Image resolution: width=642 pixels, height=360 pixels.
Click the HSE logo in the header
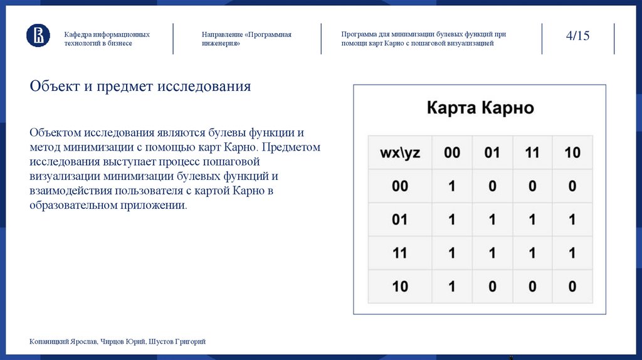38,35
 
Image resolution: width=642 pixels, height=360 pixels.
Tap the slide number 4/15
577,36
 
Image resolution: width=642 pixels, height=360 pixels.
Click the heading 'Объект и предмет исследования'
140,87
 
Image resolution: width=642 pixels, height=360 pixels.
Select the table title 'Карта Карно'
480,107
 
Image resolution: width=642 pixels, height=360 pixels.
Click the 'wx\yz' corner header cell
400,153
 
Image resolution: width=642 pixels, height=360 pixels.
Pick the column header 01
492,153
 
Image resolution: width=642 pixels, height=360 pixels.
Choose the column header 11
532,153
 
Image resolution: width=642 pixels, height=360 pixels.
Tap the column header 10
572,153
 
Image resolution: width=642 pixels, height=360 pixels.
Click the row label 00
400,186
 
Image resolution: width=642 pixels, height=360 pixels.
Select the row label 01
400,220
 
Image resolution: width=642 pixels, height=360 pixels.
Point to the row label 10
400,287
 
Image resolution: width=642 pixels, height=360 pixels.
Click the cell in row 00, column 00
452,186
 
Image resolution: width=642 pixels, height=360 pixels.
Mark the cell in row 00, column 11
532,186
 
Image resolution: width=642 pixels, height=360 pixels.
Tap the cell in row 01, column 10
572,220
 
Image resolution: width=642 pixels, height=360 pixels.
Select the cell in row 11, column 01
492,253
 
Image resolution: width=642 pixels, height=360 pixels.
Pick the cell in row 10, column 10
572,287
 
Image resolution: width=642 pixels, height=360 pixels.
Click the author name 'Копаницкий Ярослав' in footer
61,342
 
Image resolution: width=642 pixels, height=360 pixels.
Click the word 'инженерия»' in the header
221,44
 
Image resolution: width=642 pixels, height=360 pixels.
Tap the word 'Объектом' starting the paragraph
55,134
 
